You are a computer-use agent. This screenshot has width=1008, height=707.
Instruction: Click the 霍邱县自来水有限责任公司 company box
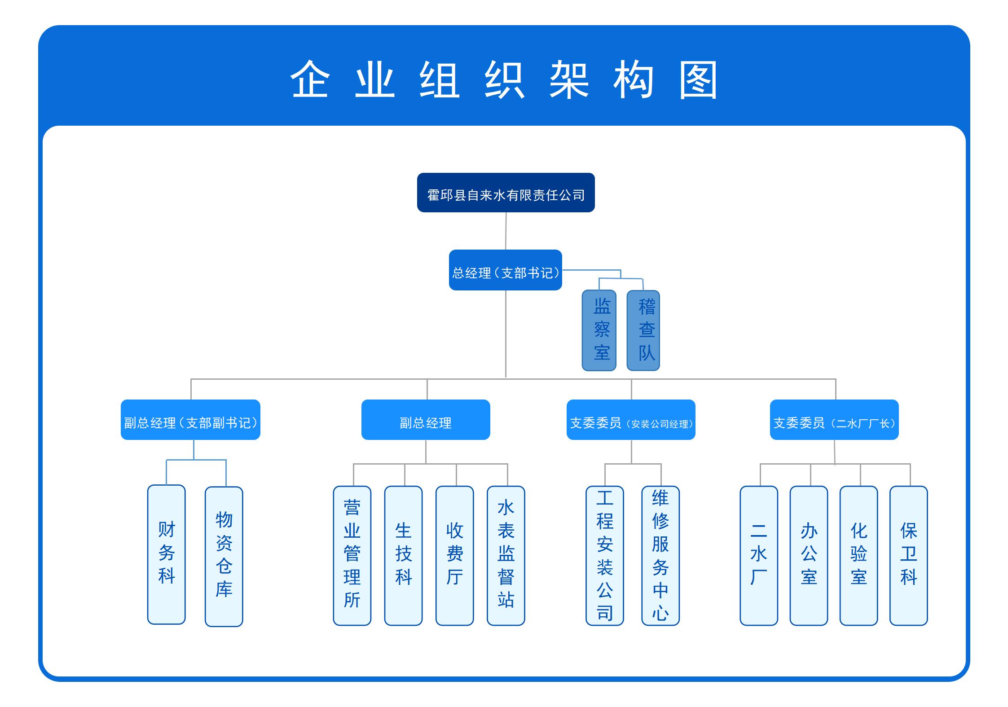click(506, 193)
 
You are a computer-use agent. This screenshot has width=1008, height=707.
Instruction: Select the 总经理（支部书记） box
click(505, 270)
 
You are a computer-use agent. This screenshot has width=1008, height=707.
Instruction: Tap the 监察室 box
click(599, 330)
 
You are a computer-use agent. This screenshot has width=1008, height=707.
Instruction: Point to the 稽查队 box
click(643, 330)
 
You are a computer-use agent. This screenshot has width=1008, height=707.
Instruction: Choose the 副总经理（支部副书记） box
click(190, 420)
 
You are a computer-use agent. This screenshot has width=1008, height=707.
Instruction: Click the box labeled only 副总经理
click(426, 420)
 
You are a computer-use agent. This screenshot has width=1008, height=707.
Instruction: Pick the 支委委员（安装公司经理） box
click(631, 420)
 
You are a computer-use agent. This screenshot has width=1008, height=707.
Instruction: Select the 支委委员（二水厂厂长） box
click(834, 420)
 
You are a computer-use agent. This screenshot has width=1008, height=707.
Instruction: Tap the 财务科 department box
click(167, 554)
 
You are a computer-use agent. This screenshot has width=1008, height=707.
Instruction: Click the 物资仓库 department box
click(224, 557)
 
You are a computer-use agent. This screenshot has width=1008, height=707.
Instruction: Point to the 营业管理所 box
click(352, 556)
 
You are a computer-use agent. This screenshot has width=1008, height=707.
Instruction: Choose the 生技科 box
click(403, 556)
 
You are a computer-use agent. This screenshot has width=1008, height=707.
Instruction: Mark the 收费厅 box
click(454, 556)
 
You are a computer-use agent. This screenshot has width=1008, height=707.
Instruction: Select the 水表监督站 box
click(506, 556)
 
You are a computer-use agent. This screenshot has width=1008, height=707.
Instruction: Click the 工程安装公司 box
click(605, 556)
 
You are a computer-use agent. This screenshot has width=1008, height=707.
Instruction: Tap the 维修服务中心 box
click(660, 556)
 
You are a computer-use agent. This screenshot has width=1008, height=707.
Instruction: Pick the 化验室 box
click(858, 556)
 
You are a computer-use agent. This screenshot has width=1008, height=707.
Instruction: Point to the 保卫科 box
click(908, 556)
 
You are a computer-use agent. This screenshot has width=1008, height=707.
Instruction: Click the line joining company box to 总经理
click(506, 231)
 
